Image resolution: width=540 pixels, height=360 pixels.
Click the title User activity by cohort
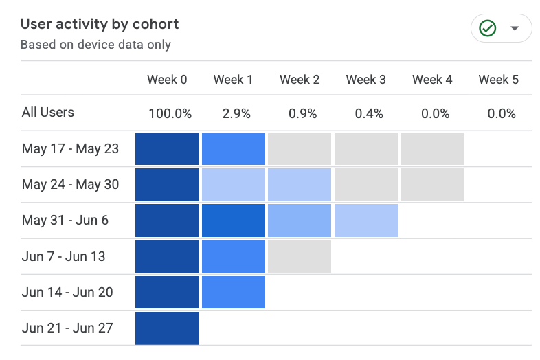pos(100,25)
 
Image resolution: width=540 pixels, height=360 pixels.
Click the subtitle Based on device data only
pos(95,45)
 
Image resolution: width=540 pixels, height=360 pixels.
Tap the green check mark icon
pos(488,28)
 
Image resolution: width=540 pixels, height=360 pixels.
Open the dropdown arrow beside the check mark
pos(515,28)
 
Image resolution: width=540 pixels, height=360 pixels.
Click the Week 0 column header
pos(167,80)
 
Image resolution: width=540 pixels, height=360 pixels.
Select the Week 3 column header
pos(365,80)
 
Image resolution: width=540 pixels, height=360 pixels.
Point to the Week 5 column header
pos(498,80)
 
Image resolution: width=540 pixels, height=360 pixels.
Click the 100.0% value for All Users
pos(170,113)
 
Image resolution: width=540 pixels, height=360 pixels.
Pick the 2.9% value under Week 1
pos(236,113)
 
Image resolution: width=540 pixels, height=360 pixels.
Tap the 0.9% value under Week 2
pos(303,113)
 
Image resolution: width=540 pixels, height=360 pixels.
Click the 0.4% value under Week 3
pos(369,113)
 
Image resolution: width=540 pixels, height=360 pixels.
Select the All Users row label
pos(48,112)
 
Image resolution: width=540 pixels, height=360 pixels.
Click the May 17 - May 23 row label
pos(70,149)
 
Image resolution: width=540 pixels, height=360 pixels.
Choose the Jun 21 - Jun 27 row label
pos(67,328)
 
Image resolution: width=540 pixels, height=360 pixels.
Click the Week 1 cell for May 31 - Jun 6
pos(234,221)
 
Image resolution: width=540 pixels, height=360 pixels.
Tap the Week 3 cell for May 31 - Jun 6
pos(366,221)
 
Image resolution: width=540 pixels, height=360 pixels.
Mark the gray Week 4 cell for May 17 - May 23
pos(432,149)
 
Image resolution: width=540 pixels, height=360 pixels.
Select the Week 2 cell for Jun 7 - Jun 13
pos(300,256)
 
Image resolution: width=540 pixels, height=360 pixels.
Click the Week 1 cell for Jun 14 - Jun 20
pos(234,292)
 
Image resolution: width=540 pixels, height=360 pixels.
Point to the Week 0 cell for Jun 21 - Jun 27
pos(167,328)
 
